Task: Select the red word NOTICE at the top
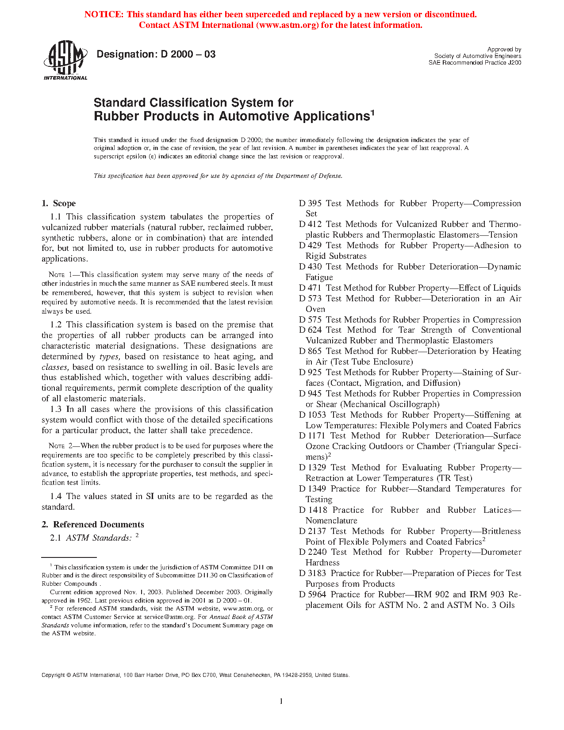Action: click(x=104, y=14)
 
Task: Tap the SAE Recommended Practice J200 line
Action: click(x=475, y=63)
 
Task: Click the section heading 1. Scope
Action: click(x=59, y=204)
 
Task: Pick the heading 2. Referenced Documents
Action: click(x=93, y=525)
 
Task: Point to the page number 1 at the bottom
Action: click(x=281, y=701)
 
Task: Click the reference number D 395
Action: click(x=310, y=204)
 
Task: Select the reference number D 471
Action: click(x=310, y=288)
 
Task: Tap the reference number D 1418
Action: click(x=313, y=510)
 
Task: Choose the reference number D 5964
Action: click(x=313, y=595)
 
